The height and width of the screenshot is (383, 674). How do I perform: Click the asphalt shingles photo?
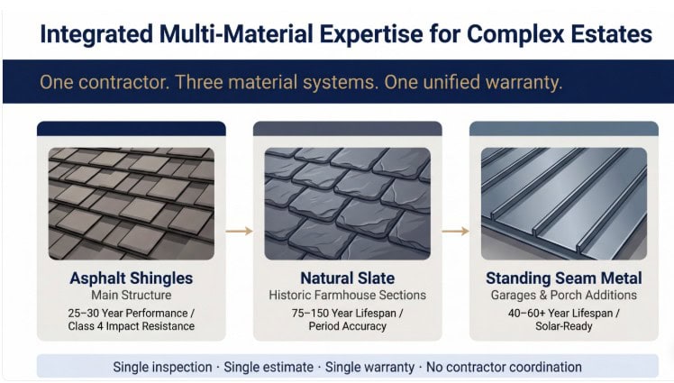[x=131, y=204]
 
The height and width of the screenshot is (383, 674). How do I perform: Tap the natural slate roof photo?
[x=347, y=204]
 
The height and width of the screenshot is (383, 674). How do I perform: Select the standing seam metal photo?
[x=563, y=204]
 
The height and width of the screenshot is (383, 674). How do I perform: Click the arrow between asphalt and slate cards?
[x=239, y=232]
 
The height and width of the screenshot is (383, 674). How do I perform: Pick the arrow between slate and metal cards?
[x=455, y=232]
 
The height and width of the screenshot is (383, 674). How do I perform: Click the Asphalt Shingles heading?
[x=131, y=278]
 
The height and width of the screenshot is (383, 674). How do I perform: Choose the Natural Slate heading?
[x=347, y=278]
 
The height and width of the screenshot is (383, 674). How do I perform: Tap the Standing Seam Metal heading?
[x=563, y=278]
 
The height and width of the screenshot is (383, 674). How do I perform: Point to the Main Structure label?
[x=131, y=296]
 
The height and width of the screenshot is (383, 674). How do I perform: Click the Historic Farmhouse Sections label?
[x=347, y=296]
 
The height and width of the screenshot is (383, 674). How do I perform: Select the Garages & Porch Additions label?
[x=563, y=296]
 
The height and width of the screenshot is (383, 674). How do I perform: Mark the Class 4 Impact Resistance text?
[x=131, y=326]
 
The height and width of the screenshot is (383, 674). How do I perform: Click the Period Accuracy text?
[x=347, y=326]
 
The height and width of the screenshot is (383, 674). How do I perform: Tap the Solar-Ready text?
[x=563, y=326]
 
